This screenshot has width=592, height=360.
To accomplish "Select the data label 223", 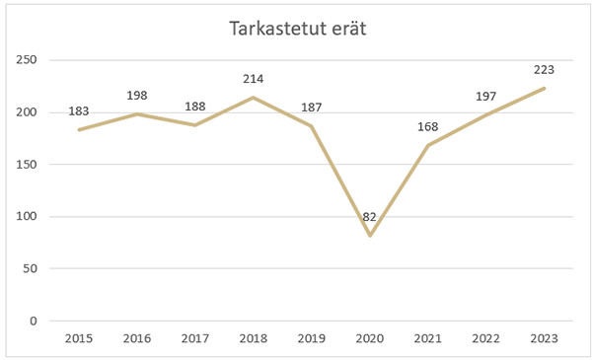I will tap(544, 70).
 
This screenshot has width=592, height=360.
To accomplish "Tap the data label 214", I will tap(254, 78).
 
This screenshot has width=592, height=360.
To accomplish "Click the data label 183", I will tap(79, 111).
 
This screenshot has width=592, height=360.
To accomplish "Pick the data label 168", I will tap(428, 126).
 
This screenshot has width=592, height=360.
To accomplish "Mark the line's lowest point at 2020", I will tap(370, 236).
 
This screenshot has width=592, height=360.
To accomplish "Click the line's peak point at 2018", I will tap(254, 98).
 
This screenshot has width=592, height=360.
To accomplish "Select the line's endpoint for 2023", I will tap(545, 88).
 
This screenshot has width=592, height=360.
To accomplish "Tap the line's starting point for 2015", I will tap(79, 129).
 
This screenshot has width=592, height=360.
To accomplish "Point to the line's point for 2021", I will tap(428, 145).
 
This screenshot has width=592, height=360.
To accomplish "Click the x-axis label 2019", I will tap(312, 338).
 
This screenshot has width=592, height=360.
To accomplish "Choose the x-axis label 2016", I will tap(137, 338).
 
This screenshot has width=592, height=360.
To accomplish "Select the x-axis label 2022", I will tap(486, 338).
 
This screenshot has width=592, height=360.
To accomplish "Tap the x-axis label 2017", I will tap(195, 338).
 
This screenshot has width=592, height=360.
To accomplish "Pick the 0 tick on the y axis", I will tap(33, 321).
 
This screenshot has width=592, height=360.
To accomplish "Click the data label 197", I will tap(486, 97).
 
